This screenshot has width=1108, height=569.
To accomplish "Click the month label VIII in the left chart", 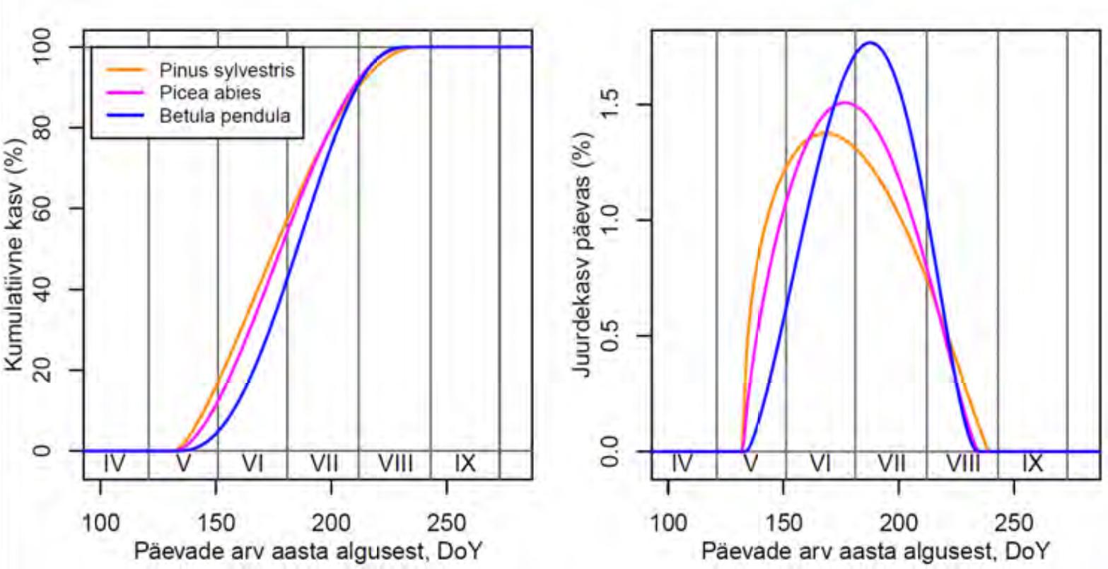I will [395, 464].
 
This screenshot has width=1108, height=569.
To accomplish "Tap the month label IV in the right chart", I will [681, 464].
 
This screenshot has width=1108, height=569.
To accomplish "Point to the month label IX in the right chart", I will [1032, 464].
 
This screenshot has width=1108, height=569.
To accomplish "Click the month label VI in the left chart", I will [252, 464].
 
